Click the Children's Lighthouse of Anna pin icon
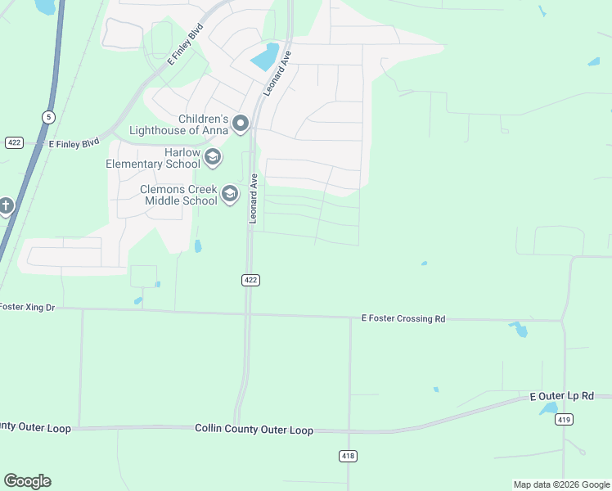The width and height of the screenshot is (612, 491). (x=241, y=124)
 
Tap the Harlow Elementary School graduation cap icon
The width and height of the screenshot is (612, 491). (x=213, y=158)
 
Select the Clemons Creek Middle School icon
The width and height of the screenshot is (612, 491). (x=230, y=194)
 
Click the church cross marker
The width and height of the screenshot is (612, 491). (x=6, y=205)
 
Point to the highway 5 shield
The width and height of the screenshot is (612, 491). (x=48, y=117)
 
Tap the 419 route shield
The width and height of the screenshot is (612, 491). (x=563, y=420)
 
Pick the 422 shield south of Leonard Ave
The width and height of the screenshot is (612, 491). (x=250, y=280)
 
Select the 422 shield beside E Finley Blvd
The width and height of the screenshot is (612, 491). (x=14, y=142)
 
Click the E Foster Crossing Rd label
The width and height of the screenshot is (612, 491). (x=403, y=318)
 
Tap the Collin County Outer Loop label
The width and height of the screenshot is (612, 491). (x=254, y=430)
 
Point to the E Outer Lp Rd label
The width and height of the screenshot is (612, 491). (x=561, y=396)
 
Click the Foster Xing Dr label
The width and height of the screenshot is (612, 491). (x=27, y=308)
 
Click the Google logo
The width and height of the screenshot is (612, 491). (x=27, y=481)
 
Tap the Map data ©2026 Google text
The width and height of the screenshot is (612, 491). (x=560, y=484)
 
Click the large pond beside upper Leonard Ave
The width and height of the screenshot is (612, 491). (x=265, y=56)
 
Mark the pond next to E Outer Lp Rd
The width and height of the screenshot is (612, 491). (x=548, y=408)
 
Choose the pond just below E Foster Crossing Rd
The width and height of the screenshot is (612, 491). (x=519, y=330)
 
